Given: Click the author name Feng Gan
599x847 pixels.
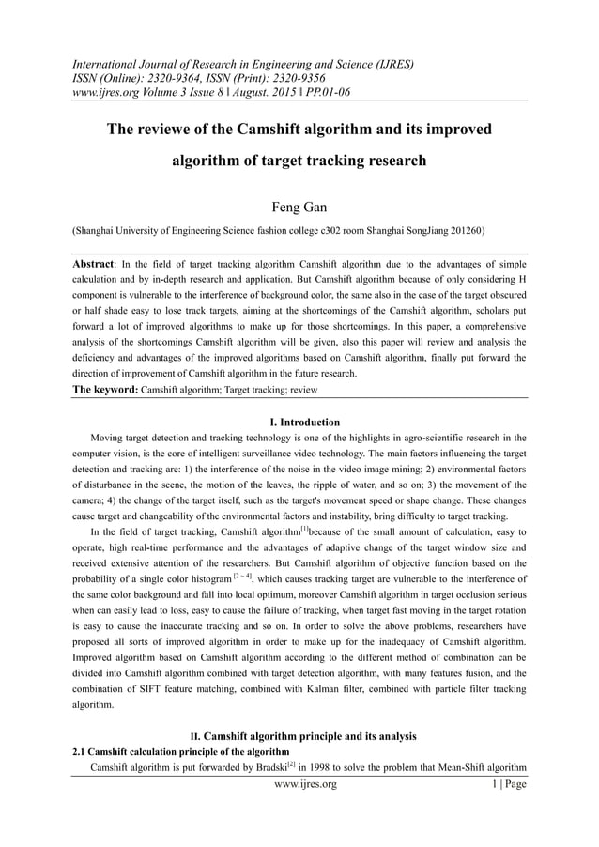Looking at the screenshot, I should pos(299,206).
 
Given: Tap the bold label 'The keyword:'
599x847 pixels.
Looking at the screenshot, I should pos(105,387).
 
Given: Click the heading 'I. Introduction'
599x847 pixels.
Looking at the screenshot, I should pos(299,422).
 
